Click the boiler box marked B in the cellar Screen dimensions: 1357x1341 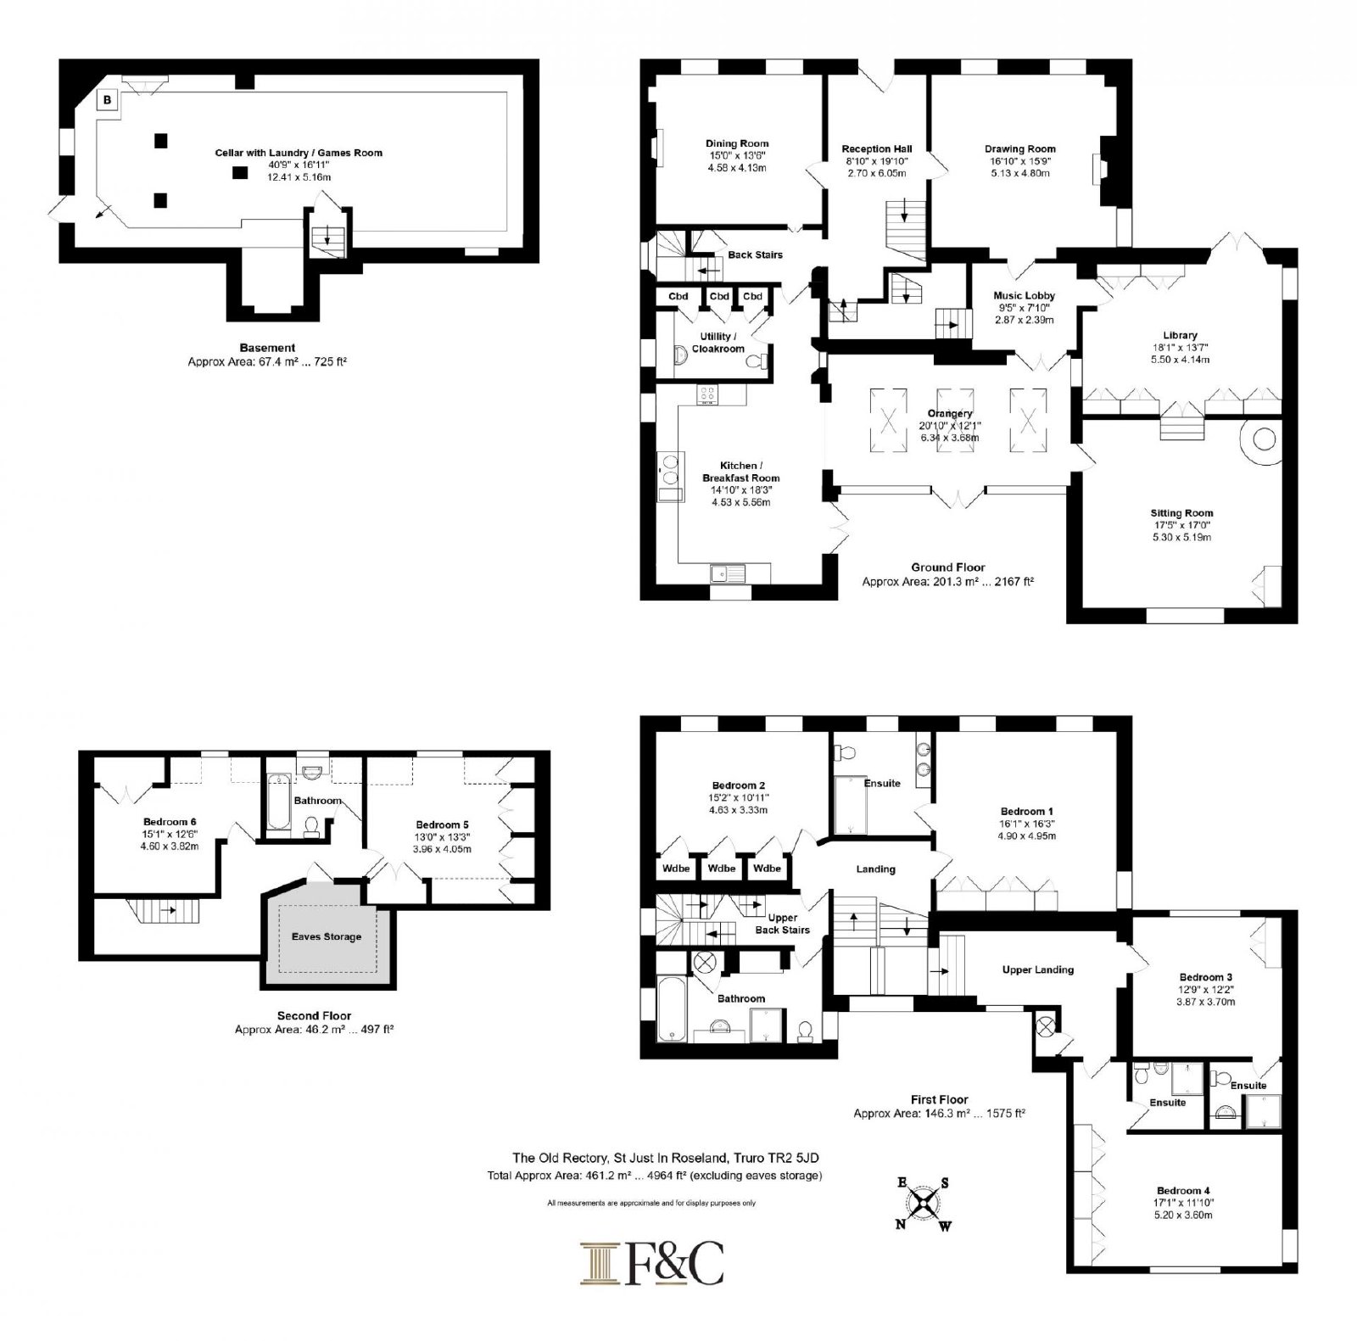107,100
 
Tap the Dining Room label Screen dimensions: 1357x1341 737,143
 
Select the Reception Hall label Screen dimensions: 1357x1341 877,149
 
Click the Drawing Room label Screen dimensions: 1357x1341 1020,149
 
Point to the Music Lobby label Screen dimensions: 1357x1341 1025,296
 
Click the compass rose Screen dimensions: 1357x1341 924,1202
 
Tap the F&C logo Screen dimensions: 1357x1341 652,1264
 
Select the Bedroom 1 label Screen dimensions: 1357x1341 1028,812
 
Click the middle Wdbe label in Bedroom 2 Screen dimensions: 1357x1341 722,869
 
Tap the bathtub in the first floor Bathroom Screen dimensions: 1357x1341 671,1010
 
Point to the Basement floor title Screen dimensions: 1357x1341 267,348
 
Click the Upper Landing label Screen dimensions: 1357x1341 1038,969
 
